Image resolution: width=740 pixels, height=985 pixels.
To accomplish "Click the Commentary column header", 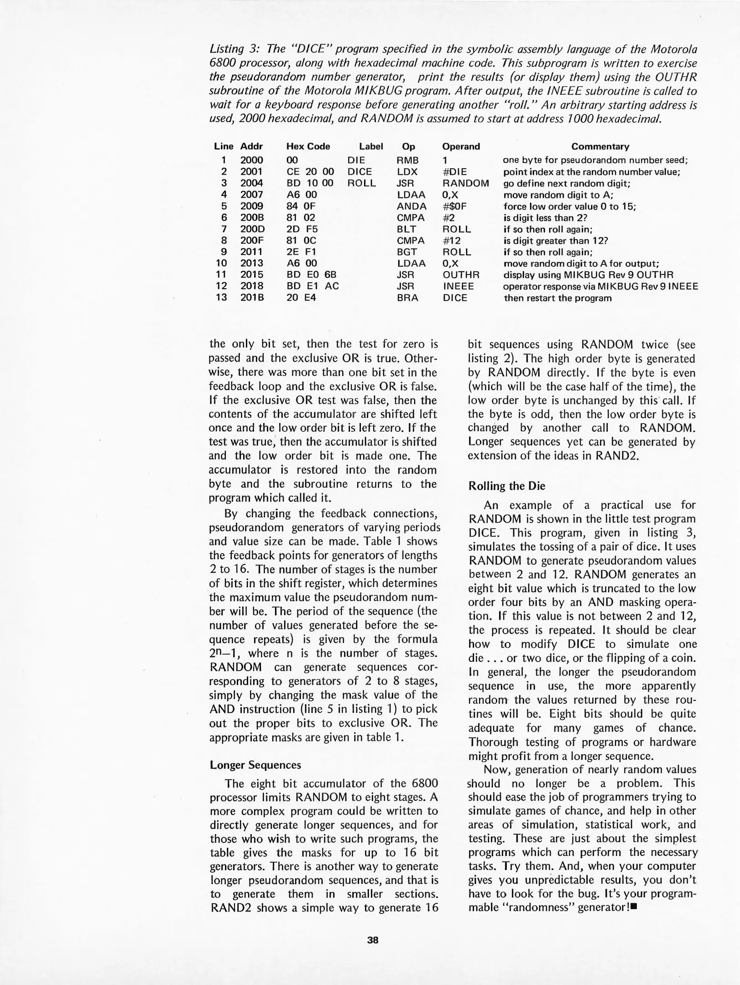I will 600,146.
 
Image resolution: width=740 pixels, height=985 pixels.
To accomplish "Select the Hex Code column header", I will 308,146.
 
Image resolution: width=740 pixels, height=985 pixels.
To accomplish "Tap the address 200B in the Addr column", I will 252,218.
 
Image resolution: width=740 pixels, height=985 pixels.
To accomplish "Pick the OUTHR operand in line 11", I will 461,275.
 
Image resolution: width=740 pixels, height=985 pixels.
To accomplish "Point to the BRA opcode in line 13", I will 407,298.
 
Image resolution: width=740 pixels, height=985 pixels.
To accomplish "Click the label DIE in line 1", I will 356,160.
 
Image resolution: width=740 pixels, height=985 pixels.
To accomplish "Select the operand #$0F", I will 454,206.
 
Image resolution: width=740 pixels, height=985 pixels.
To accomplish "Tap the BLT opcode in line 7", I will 406,229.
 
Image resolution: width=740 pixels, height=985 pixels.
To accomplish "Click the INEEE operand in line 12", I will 458,286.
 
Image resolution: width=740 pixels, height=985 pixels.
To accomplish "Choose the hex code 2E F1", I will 302,252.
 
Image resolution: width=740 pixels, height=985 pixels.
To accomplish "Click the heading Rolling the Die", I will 507,486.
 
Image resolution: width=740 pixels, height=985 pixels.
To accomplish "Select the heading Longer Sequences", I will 255,765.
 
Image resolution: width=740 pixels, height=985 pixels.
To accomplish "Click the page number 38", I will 373,940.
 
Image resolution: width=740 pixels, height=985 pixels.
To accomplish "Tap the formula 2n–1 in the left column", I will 224,653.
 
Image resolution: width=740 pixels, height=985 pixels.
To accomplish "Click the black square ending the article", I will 633,907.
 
